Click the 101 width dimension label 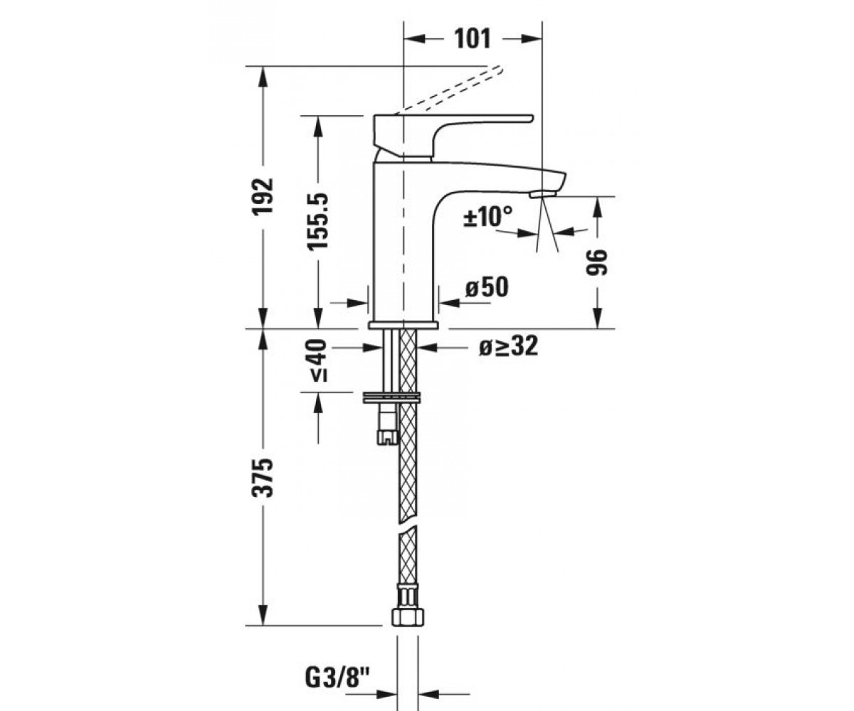[473, 39]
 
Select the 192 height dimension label [263, 196]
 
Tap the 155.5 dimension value [318, 220]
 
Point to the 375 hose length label [263, 478]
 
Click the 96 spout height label [598, 262]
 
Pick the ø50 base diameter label [487, 287]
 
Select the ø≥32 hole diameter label [509, 347]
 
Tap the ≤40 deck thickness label [318, 360]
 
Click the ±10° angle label [487, 216]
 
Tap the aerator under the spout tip [542, 194]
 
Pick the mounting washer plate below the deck [392, 398]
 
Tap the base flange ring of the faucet [404, 325]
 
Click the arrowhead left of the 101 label [413, 40]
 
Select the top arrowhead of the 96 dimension [598, 207]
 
